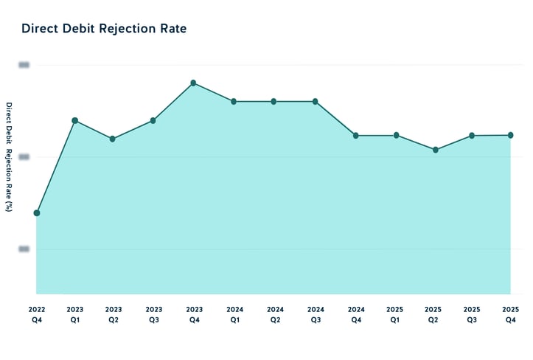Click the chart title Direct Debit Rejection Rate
[104, 29]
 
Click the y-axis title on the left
[9, 157]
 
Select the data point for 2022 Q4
[37, 213]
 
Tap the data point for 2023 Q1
[75, 120]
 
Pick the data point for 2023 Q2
[113, 139]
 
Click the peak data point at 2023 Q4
[193, 83]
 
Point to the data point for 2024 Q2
[274, 101]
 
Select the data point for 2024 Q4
[355, 136]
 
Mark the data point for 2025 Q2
[436, 150]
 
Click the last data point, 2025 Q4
[510, 135]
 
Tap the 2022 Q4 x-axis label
[37, 314]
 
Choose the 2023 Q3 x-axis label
[153, 314]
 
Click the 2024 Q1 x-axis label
[235, 314]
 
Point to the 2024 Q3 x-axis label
[316, 314]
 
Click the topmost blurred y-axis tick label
[24, 65]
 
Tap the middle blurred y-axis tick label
[24, 157]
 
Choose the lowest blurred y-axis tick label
[24, 249]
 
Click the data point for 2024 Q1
[234, 101]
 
